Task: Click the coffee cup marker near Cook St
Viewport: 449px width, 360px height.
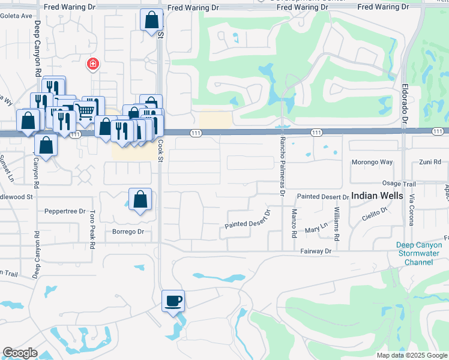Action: [x=173, y=300]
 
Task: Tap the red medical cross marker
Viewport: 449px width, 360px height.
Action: [x=93, y=64]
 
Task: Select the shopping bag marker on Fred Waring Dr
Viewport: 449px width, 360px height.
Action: [x=151, y=20]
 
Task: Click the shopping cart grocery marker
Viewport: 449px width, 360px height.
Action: [x=85, y=110]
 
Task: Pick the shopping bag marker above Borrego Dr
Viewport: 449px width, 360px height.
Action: [x=140, y=199]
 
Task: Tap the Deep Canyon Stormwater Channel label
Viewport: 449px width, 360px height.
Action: [x=418, y=253]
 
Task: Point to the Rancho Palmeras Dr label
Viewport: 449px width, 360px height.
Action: [x=281, y=166]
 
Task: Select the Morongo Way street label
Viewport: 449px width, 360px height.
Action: [x=372, y=162]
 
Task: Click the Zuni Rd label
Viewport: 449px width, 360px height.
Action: [x=430, y=162]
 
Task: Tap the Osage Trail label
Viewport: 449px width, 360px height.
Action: [x=399, y=184]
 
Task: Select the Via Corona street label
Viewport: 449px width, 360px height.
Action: [x=412, y=210]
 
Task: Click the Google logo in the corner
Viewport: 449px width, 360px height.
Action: [x=20, y=353]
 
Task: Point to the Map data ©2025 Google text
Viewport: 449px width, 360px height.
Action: [x=411, y=355]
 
